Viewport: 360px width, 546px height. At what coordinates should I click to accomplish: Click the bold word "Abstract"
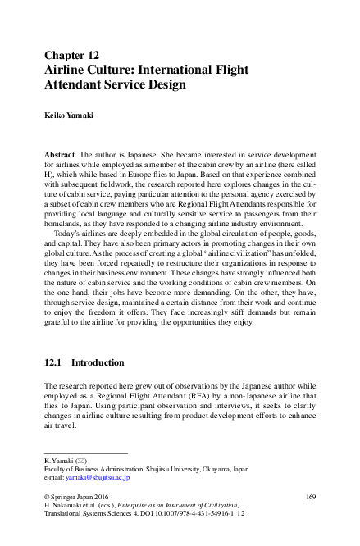pos(60,155)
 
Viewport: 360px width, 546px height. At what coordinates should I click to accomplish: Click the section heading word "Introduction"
pos(98,362)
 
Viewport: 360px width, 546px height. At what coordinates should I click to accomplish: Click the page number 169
pos(310,498)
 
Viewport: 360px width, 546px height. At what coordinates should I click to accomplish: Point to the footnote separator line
pos(85,452)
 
